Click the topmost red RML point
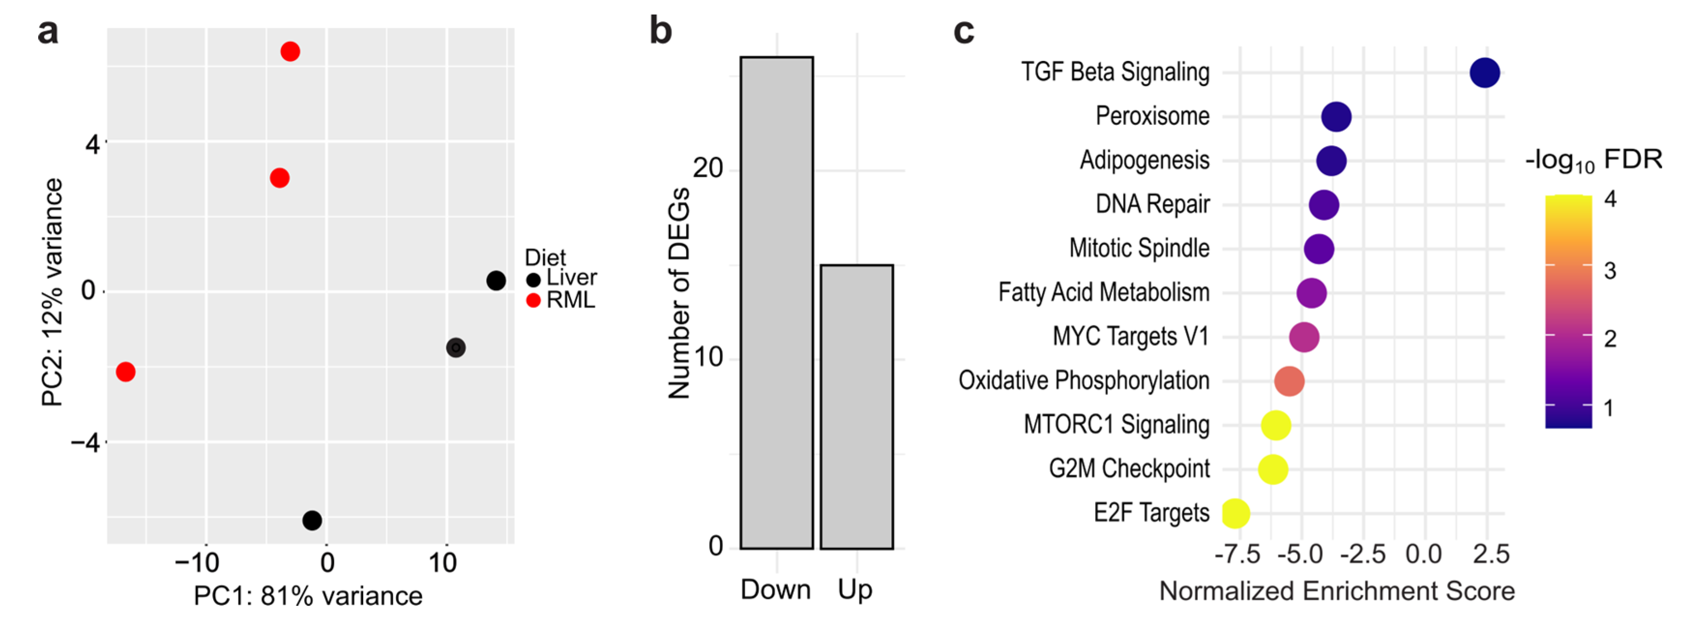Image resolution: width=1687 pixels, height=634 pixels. tap(290, 51)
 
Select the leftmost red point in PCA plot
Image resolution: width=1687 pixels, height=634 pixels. tap(126, 372)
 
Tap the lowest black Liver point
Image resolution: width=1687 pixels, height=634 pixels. tap(312, 521)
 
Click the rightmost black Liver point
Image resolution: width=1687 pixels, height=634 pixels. tap(497, 281)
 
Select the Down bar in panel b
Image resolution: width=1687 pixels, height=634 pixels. tap(777, 303)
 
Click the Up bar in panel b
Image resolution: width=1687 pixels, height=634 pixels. tap(857, 407)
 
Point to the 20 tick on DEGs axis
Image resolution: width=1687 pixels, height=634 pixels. tap(707, 169)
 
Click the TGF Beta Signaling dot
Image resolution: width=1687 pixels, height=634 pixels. tap(1484, 73)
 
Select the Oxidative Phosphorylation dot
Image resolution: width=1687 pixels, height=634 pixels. tap(1290, 381)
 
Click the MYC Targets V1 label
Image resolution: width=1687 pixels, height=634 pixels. tap(1130, 337)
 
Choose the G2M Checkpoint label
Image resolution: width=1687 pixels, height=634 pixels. tap(1129, 469)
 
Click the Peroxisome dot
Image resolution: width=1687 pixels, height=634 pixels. tap(1336, 117)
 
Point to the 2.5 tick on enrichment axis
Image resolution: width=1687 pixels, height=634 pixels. tap(1491, 555)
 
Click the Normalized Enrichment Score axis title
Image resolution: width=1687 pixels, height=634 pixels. tap(1336, 591)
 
